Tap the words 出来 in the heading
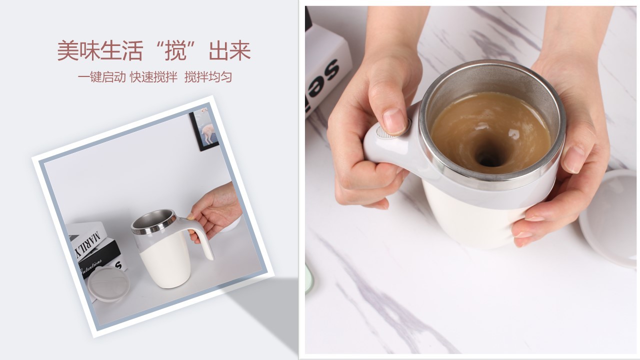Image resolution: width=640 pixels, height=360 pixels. click(232, 51)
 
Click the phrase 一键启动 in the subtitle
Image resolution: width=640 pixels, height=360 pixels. click(101, 77)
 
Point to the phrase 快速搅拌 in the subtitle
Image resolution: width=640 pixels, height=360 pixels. click(153, 77)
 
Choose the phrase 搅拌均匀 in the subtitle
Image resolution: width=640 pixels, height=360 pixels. click(208, 77)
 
